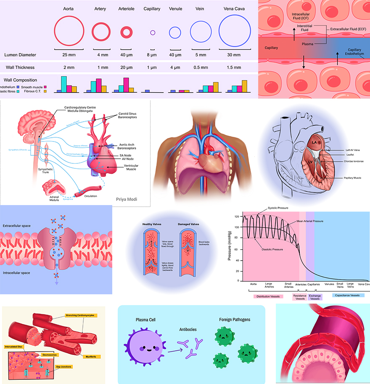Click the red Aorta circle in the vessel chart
(x=69, y=32)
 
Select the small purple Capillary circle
(x=153, y=32)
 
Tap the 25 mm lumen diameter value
(x=69, y=55)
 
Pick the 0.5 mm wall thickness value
(x=201, y=67)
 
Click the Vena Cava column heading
(x=231, y=9)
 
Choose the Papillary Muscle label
(x=352, y=178)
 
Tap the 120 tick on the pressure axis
(x=236, y=216)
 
